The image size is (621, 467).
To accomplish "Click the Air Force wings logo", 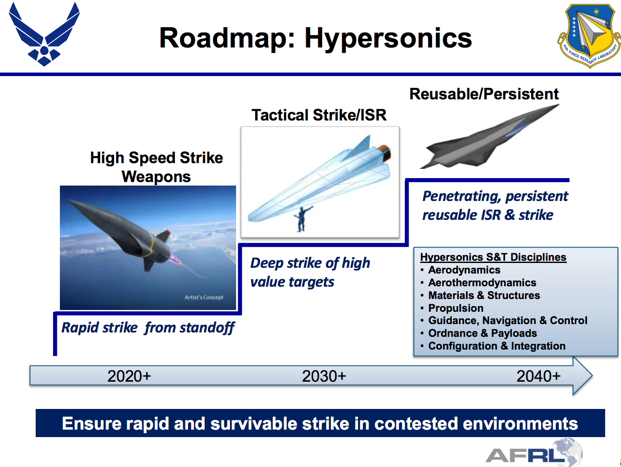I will [44, 35].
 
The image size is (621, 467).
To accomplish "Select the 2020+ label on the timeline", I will [129, 376].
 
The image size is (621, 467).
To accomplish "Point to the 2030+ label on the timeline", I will [324, 376].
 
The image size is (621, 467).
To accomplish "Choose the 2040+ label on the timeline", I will [538, 376].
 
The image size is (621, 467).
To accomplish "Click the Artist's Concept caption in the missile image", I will [204, 297].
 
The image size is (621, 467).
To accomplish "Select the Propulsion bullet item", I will [455, 308].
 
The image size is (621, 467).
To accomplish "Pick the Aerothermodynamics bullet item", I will [482, 283].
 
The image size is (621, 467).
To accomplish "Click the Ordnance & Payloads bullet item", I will [482, 333].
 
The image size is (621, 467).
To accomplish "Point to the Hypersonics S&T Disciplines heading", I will [493, 257].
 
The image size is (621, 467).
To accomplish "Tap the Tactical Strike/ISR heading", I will [319, 115].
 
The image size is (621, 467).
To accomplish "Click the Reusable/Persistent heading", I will [484, 94].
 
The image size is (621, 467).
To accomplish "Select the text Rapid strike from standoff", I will [148, 328].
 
